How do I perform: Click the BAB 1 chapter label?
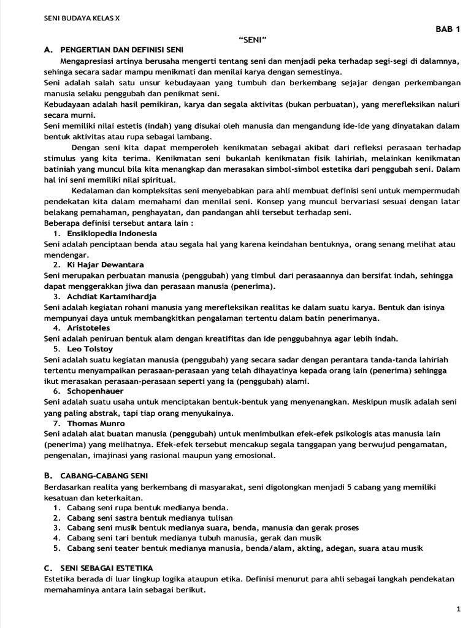448,29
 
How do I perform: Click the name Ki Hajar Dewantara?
105,264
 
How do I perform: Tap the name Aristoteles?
90,327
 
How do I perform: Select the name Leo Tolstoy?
90,348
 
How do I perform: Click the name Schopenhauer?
95,391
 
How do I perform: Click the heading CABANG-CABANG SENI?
104,475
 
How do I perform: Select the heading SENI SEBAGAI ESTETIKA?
107,568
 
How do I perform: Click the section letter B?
47,475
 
